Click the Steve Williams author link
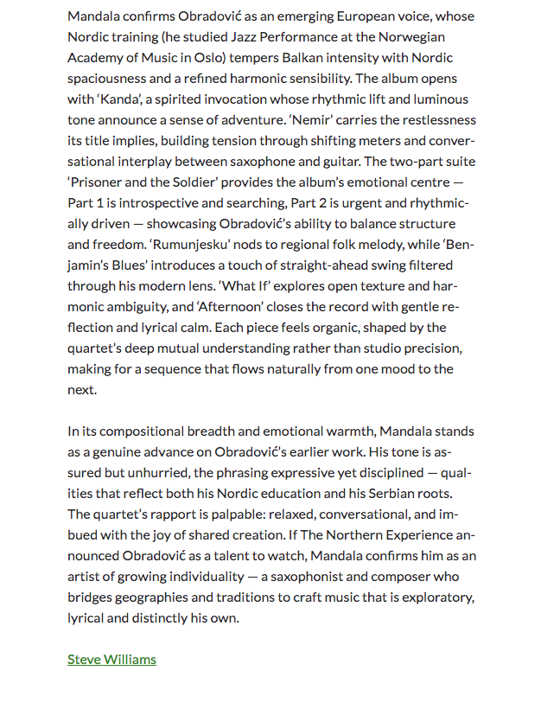coord(111,659)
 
